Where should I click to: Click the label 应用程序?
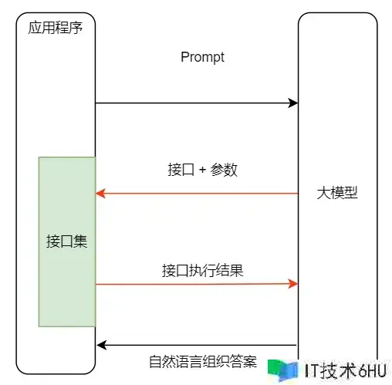(55, 28)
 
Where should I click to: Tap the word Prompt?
(202, 57)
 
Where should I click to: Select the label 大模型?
(337, 193)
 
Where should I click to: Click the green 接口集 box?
(67, 241)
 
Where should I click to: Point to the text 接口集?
(67, 241)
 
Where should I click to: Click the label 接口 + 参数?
(202, 170)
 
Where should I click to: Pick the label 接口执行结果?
(202, 270)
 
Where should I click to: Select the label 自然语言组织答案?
(203, 361)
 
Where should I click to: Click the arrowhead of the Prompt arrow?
(293, 103)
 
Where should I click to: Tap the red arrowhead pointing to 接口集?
(100, 194)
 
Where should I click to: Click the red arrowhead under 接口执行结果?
(293, 284)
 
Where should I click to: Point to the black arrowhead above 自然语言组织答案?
(102, 345)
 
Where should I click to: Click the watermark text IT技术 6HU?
(346, 370)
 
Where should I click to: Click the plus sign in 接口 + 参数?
(202, 170)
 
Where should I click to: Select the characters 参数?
(224, 170)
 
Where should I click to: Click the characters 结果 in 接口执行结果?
(230, 270)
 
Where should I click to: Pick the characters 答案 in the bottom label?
(243, 361)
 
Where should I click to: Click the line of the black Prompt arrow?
(197, 103)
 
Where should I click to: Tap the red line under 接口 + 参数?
(197, 194)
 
